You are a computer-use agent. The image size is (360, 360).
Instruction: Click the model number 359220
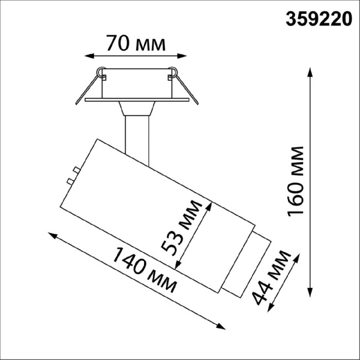tap(318, 19)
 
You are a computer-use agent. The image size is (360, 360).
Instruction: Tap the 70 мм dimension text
tap(136, 43)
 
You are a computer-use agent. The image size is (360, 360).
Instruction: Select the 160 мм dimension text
tap(297, 181)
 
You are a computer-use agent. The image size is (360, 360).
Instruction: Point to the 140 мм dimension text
tap(145, 271)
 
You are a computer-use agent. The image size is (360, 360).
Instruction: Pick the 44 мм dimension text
tap(271, 277)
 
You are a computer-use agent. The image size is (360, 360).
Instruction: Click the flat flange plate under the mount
tap(136, 100)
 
